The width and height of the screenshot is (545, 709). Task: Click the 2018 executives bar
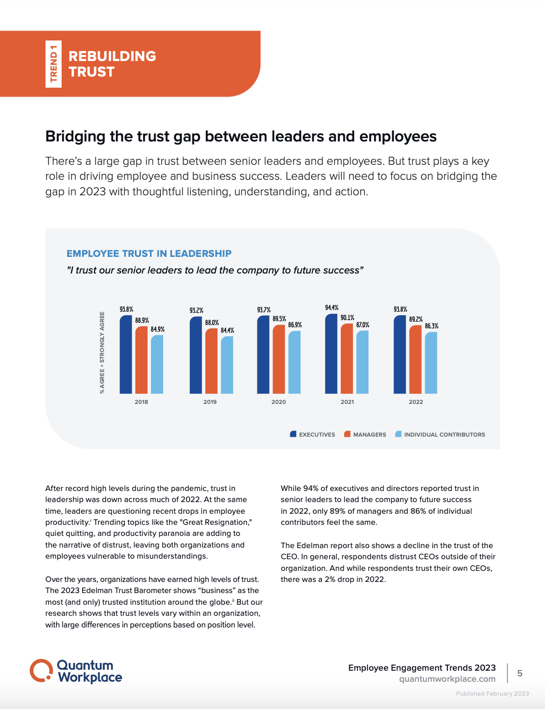(x=126, y=355)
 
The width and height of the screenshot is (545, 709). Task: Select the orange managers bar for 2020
(x=279, y=359)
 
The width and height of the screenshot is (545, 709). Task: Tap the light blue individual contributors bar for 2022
(x=431, y=363)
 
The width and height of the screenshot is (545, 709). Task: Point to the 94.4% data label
(x=332, y=308)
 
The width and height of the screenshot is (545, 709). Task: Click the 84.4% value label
(x=228, y=331)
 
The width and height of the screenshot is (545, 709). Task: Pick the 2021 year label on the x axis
(x=347, y=402)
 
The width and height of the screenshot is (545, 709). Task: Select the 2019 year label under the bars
(x=210, y=402)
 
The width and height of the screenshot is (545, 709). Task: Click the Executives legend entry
(x=312, y=434)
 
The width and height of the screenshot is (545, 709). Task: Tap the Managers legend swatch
(x=347, y=434)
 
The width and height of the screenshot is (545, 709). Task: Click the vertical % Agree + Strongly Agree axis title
(x=102, y=353)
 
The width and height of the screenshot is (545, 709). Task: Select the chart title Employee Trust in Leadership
(x=149, y=254)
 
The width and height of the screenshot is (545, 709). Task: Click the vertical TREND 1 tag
(x=54, y=64)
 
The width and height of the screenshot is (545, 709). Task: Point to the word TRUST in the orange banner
(x=92, y=72)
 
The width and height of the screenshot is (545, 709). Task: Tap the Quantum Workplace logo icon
(x=41, y=671)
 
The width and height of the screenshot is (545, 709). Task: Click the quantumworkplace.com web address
(x=447, y=679)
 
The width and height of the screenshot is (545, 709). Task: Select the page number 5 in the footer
(x=520, y=673)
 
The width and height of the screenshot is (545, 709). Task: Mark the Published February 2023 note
(x=492, y=693)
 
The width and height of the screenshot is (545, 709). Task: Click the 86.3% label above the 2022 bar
(x=432, y=326)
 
